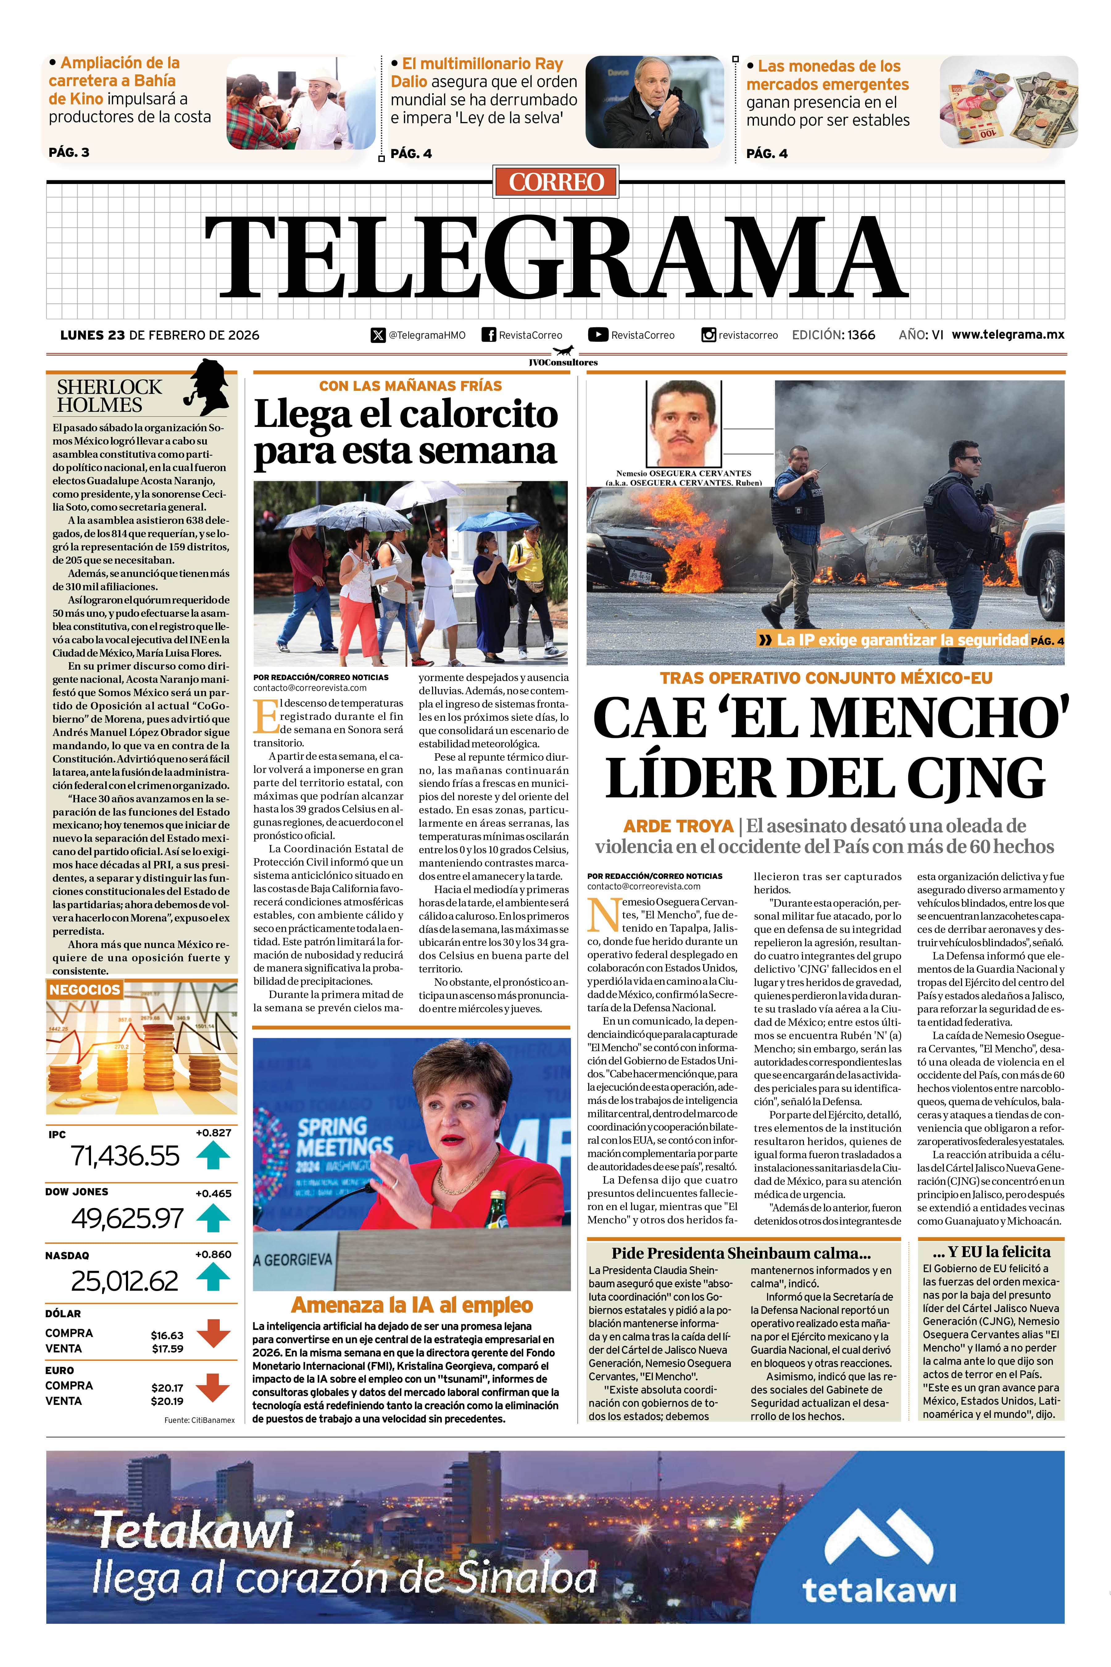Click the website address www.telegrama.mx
click(x=1008, y=335)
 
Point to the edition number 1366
click(x=861, y=335)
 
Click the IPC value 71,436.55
click(x=125, y=1156)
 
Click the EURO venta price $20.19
click(x=167, y=1401)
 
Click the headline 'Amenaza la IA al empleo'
click(x=412, y=1305)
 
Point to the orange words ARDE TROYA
click(x=678, y=826)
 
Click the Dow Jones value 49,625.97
click(x=127, y=1218)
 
